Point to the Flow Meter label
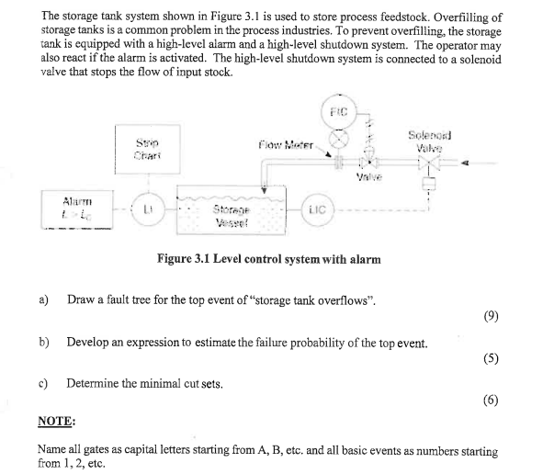pos(289,145)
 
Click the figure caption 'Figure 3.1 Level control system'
pos(270,260)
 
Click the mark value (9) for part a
pos(497,319)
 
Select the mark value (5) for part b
pos(497,359)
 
